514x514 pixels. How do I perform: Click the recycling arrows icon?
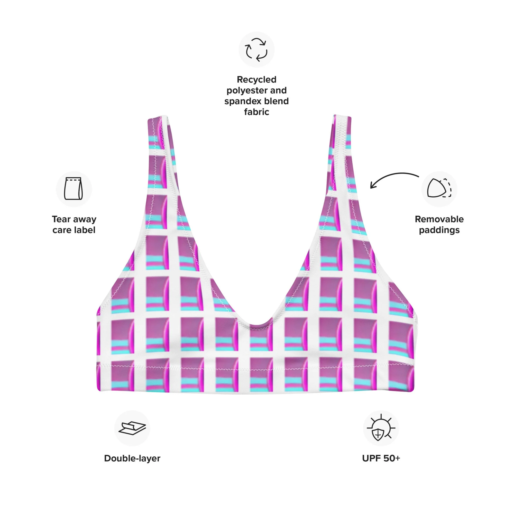tap(256, 50)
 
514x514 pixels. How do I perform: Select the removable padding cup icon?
tap(439, 188)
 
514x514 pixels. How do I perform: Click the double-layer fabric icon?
tap(132, 428)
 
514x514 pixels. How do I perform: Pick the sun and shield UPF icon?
tap(381, 428)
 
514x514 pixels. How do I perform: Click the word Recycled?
tap(256, 80)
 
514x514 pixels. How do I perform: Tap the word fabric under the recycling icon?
tap(256, 112)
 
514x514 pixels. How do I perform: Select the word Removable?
tap(439, 219)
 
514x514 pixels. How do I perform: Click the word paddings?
tap(439, 230)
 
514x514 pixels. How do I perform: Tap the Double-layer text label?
tap(132, 458)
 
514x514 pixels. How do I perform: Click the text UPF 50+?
tap(381, 458)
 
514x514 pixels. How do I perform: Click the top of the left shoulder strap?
tap(157, 117)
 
